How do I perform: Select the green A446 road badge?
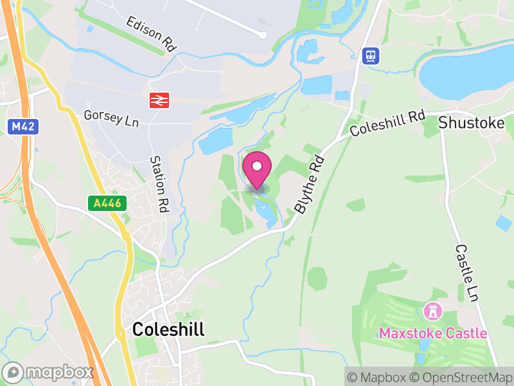(107, 203)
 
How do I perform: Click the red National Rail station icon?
(159, 100)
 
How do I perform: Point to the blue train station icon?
(371, 55)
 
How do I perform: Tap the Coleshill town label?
(168, 330)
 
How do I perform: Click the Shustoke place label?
(472, 122)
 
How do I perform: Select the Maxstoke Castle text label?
(432, 333)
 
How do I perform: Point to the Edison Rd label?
(151, 33)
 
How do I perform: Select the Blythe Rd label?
(308, 187)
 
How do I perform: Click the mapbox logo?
(49, 372)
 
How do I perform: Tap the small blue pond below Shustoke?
(504, 223)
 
